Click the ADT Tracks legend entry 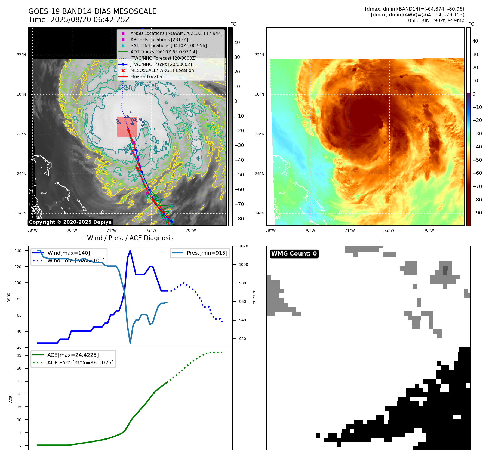tap(164, 52)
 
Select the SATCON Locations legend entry tap(168, 45)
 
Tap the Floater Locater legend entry tap(146, 76)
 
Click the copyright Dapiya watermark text tap(70, 222)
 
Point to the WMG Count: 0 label tap(294, 254)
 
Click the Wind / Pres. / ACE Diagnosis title tap(130, 238)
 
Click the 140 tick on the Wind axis tap(18, 251)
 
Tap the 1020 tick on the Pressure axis tap(243, 246)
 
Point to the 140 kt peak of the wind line tap(130, 250)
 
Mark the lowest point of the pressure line tap(130, 343)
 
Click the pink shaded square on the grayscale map tap(127, 127)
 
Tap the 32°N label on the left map tap(21, 55)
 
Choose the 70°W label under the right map tap(429, 230)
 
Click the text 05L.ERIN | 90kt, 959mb tap(436, 20)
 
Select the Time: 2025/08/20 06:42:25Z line tap(79, 20)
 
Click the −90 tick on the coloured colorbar tap(477, 213)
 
